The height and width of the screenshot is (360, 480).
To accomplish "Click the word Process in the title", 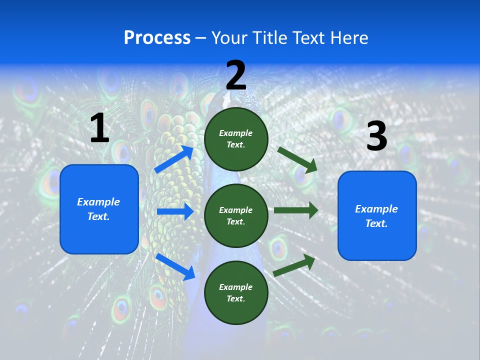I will coord(157,38).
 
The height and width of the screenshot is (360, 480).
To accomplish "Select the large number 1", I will coord(99,128).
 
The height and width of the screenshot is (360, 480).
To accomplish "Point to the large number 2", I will coord(236,75).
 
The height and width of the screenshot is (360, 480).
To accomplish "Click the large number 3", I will coord(376,137).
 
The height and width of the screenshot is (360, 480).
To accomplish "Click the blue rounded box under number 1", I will coord(99,209).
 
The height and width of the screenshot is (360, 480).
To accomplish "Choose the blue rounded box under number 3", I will coord(377,216).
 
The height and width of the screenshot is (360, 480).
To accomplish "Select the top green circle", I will coord(236,139).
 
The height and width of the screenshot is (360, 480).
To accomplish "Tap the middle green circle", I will coord(236,215).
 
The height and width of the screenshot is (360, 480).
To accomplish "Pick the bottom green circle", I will coord(236,292).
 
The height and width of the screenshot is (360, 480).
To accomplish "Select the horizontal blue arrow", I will coord(175,211).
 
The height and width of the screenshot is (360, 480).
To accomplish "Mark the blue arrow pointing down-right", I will coord(175,266).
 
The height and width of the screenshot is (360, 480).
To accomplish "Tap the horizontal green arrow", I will coord(296,210).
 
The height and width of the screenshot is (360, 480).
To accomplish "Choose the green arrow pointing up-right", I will coord(294,265).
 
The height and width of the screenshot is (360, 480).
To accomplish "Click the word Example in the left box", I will coord(98,202).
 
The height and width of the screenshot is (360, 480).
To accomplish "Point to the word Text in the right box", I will coord(376,223).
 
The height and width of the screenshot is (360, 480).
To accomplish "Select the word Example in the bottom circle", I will coord(236,287).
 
